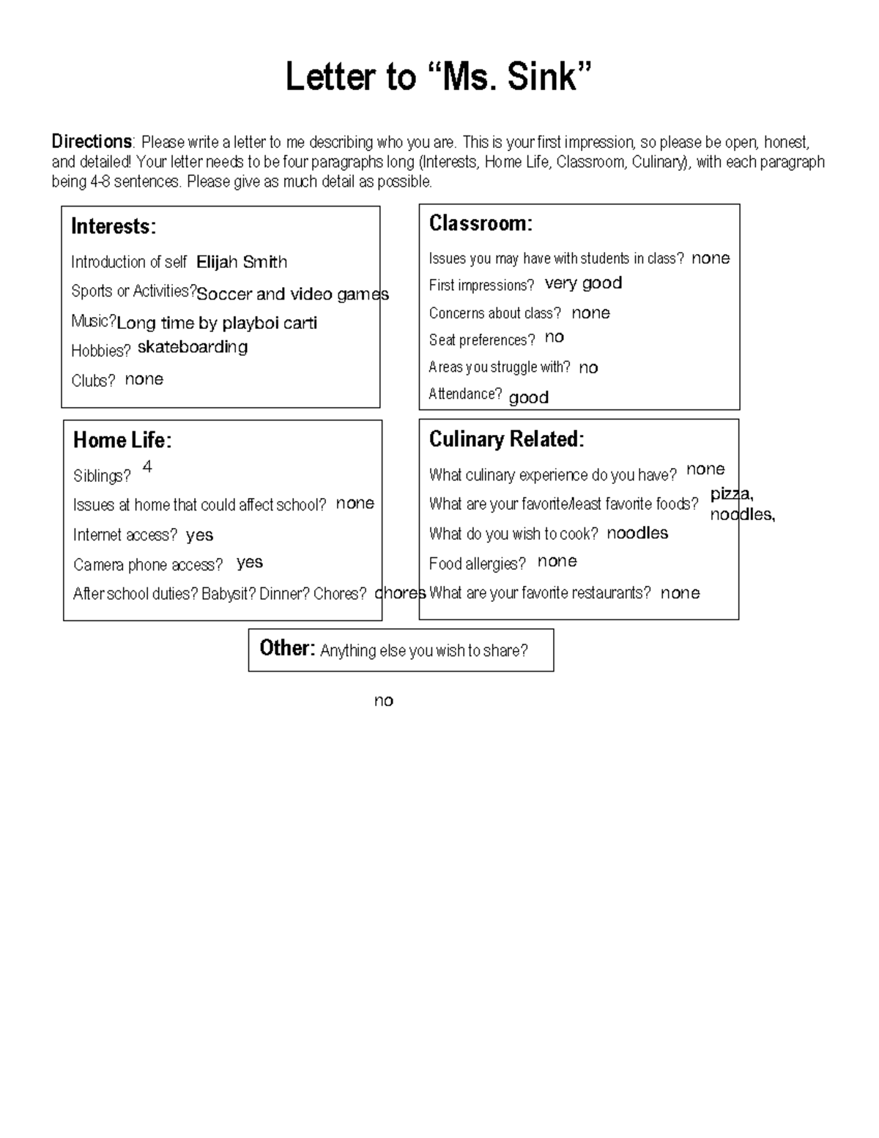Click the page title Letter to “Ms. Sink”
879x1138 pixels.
point(438,77)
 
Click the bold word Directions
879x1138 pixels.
point(91,141)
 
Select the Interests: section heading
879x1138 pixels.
point(114,227)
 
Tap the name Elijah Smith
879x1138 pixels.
point(242,262)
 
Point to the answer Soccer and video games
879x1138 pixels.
point(292,294)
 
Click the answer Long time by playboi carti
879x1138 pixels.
point(217,323)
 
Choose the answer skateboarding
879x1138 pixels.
point(193,347)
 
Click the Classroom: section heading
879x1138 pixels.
point(481,223)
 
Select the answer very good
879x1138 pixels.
point(583,283)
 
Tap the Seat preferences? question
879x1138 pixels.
point(482,340)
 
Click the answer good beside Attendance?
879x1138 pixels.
point(528,398)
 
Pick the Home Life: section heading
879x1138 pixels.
point(122,440)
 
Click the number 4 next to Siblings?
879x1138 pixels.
point(147,467)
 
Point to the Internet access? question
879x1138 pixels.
point(125,535)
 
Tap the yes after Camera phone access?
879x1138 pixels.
point(250,562)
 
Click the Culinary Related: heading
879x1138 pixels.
point(506,439)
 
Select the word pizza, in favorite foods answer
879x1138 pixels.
point(732,494)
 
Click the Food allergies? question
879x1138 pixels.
point(478,564)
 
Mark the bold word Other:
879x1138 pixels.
point(287,648)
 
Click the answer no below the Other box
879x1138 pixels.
point(383,701)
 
